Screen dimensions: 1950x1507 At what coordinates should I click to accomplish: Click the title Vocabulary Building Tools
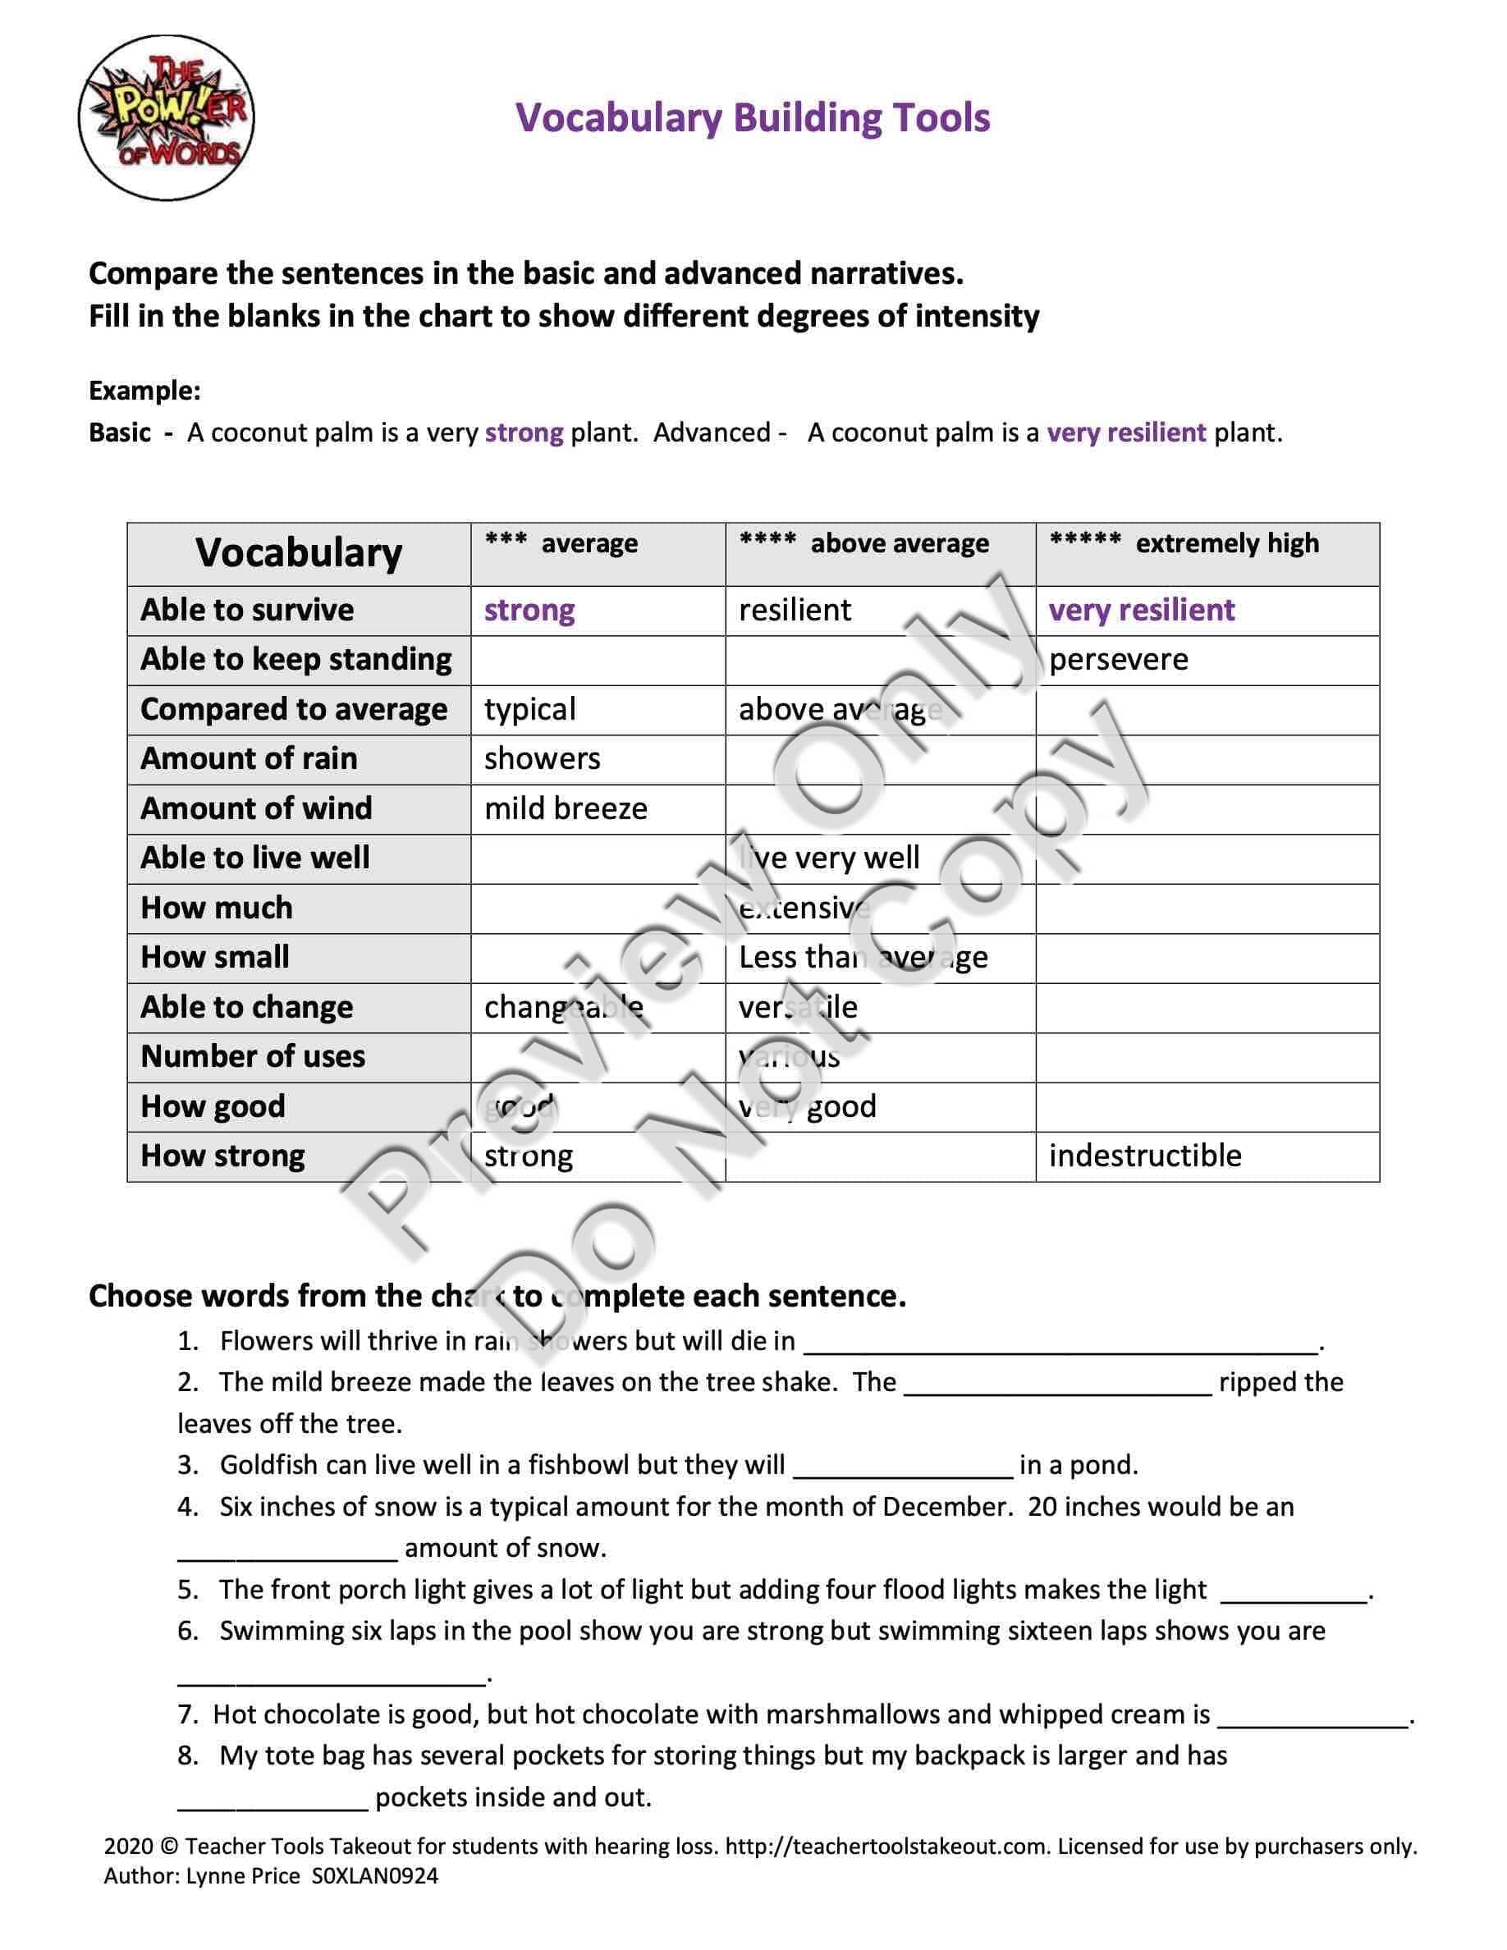coord(753,118)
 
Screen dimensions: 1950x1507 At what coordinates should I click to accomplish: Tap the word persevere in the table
coord(1118,660)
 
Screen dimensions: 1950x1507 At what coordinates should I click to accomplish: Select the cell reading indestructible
coord(1144,1156)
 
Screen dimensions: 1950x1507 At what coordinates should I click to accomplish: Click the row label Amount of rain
coord(249,759)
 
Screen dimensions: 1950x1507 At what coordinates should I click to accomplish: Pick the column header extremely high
coord(1226,544)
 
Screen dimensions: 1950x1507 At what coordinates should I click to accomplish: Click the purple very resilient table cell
coord(1141,611)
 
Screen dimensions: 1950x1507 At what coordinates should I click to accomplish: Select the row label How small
coord(215,958)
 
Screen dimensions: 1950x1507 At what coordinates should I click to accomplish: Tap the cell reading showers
coord(542,759)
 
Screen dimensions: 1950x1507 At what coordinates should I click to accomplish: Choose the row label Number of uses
coord(253,1057)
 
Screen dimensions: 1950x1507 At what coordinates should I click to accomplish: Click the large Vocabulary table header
coord(299,554)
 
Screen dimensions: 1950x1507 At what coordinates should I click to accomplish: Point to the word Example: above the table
coord(144,391)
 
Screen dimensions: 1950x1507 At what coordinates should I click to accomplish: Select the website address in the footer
coord(887,1847)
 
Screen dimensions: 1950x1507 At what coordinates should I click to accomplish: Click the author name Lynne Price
coord(243,1876)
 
